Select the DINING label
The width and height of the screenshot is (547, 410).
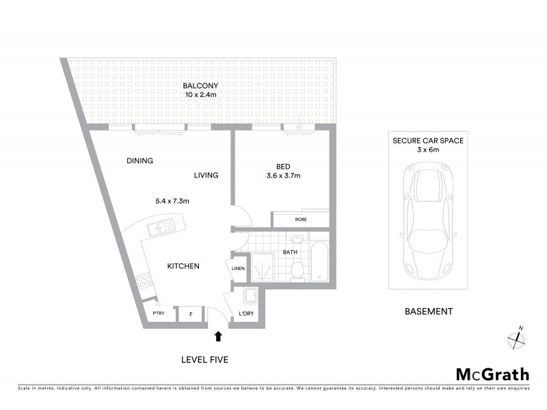click(x=139, y=161)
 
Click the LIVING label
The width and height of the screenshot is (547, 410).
click(x=206, y=176)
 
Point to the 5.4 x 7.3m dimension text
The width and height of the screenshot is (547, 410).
click(x=172, y=201)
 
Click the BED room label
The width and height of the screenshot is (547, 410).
click(x=282, y=166)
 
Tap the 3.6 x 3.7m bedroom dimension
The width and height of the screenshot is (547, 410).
click(x=282, y=176)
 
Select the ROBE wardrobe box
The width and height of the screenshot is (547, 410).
click(x=300, y=219)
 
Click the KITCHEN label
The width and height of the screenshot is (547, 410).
click(x=184, y=266)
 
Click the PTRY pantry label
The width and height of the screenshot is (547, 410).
click(x=158, y=314)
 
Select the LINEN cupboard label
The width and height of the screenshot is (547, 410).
click(x=237, y=269)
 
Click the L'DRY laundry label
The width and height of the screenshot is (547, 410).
click(x=246, y=314)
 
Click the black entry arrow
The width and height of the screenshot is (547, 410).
click(x=218, y=336)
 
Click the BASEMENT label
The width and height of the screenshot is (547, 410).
click(x=428, y=312)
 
